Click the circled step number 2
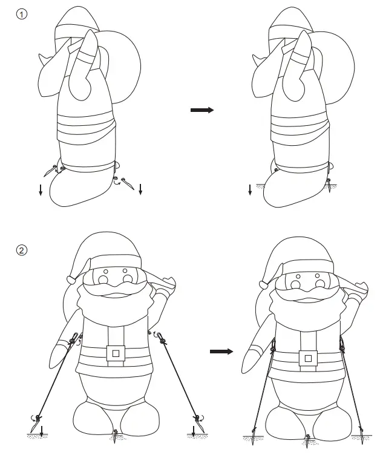coord(22,250)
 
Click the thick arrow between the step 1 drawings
coord(202,110)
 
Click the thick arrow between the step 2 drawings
coord(221,352)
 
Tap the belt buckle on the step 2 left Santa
coord(115,353)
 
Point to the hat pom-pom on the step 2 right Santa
coord(264,283)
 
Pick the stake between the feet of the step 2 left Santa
coord(116,433)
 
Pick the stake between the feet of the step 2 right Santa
coord(309,437)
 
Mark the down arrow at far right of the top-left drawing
coord(140,190)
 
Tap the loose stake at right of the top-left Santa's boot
coord(125,180)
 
